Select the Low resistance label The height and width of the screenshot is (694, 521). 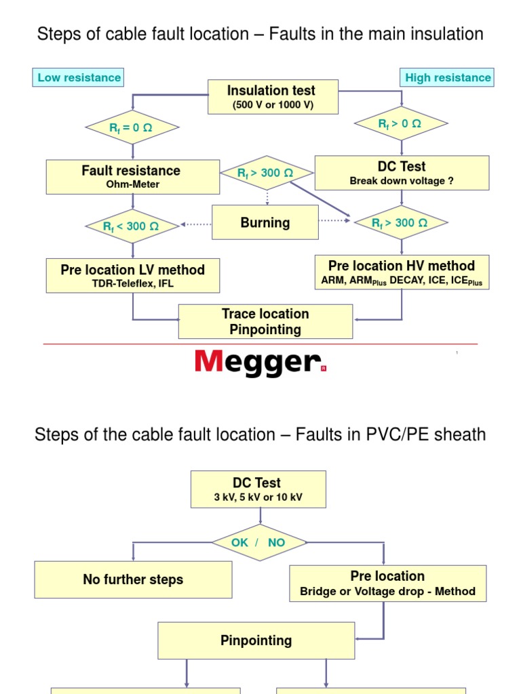tap(79, 77)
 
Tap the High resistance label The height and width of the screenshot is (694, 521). tap(447, 77)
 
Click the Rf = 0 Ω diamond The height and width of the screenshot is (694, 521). tap(132, 127)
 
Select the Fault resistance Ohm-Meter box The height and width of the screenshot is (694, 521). tap(132, 176)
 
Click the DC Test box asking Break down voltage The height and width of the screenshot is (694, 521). tap(402, 172)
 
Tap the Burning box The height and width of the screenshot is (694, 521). tap(265, 222)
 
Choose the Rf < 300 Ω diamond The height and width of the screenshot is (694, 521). tap(132, 226)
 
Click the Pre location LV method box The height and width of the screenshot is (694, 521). tap(132, 275)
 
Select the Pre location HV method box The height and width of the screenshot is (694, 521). tap(402, 272)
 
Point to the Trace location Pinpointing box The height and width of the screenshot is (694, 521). tap(265, 321)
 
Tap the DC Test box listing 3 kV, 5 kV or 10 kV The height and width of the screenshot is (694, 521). tap(258, 489)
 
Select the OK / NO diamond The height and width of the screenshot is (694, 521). tap(258, 542)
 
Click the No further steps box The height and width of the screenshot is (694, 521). tap(133, 579)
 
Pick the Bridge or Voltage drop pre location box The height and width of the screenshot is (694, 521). tap(387, 583)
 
